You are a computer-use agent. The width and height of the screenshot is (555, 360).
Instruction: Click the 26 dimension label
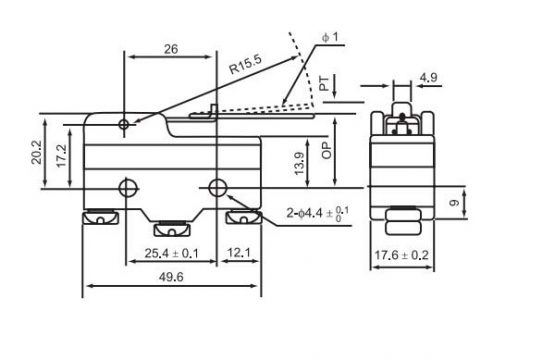pos(171,49)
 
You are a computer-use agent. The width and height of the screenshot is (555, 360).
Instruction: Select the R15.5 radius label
pos(246,64)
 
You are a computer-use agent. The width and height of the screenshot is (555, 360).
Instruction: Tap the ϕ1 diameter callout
pos(330,37)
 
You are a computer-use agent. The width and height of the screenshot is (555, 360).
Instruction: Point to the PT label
pos(325,84)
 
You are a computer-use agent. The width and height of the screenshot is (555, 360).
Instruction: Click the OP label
pos(327,150)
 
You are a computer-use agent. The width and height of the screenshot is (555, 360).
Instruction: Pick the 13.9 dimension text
pos(299,164)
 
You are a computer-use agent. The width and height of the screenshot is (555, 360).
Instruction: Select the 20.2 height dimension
pos(36,153)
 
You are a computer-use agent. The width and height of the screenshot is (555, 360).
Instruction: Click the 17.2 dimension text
pos(61,156)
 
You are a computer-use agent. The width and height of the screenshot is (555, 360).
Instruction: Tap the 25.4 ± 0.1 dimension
pos(172,253)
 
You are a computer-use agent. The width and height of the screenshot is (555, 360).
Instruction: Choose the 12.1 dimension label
pos(239,253)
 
